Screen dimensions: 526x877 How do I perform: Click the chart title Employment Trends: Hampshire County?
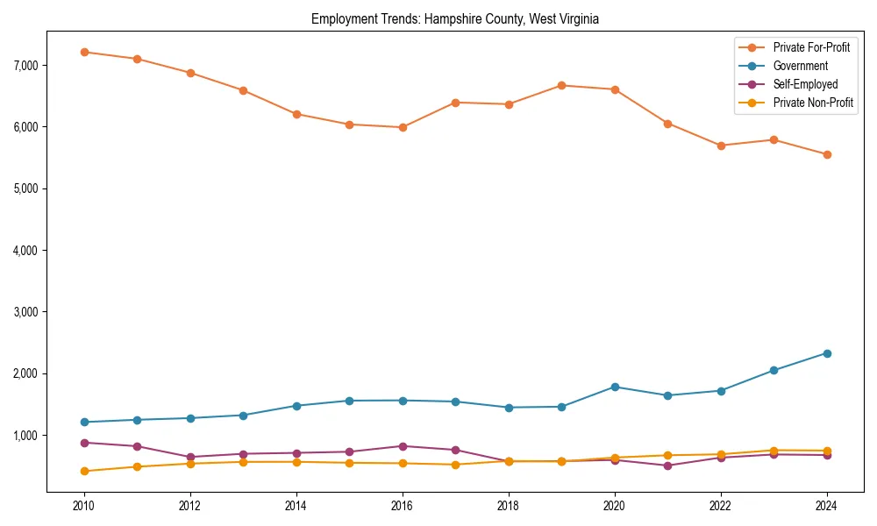tap(455, 19)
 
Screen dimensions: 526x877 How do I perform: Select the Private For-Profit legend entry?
tap(811, 47)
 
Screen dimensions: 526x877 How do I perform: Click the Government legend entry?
tap(800, 66)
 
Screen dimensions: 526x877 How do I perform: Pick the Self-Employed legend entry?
tap(805, 84)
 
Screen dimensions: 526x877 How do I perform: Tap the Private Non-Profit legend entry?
tap(813, 103)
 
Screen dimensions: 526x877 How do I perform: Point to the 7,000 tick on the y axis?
tap(26, 66)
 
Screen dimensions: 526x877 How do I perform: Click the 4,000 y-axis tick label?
tap(26, 251)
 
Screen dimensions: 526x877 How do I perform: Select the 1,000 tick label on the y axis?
tap(26, 436)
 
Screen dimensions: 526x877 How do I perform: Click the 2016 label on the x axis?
tap(403, 506)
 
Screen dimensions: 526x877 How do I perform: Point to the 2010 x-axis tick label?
tap(84, 506)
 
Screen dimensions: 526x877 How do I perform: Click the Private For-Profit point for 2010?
tap(84, 52)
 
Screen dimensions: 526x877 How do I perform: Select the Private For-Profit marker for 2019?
tap(561, 85)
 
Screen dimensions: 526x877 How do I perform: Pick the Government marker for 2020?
tap(615, 387)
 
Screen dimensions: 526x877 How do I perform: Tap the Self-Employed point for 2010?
tap(84, 443)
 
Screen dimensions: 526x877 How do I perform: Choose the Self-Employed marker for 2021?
tap(667, 466)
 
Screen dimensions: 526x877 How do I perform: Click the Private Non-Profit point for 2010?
tap(84, 471)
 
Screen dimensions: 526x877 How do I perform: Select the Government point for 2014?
tap(296, 406)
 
